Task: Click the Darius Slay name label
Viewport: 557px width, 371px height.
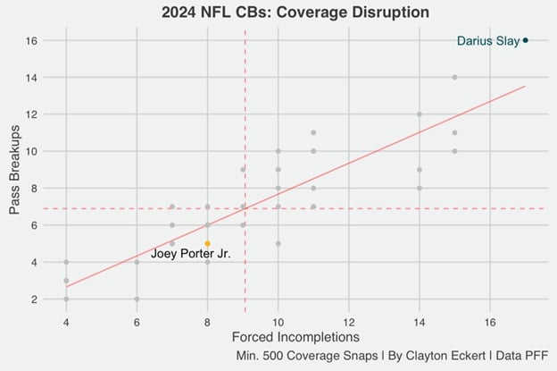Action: click(x=488, y=40)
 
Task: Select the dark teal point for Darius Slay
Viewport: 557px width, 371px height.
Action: click(x=526, y=40)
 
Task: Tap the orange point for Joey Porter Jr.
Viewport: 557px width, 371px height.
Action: click(x=207, y=243)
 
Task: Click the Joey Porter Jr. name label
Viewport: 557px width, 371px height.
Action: click(x=190, y=254)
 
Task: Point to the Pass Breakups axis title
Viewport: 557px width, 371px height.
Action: click(x=14, y=170)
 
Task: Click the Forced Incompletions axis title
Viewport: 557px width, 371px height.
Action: click(x=295, y=338)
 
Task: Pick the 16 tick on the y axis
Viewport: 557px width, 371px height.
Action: click(x=30, y=40)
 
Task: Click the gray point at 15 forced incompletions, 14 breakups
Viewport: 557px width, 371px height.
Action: click(x=454, y=77)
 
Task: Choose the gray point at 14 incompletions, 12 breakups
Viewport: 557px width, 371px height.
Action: click(x=420, y=114)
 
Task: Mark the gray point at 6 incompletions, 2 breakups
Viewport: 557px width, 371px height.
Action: click(x=137, y=299)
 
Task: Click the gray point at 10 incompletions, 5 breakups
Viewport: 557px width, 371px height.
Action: click(x=278, y=243)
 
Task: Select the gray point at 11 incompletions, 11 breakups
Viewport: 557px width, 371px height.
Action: click(x=313, y=132)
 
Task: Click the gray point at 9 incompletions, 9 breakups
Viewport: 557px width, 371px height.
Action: click(x=243, y=170)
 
